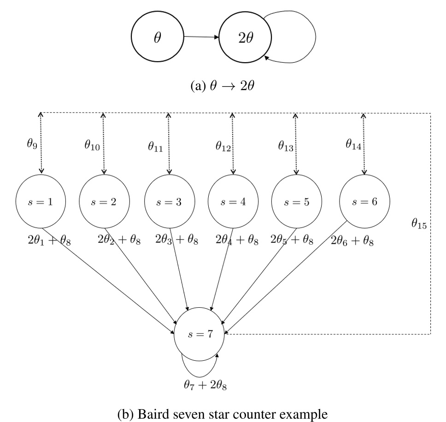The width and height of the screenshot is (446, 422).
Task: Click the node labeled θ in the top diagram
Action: (x=157, y=38)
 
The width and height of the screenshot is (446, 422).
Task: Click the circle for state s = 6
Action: (x=364, y=203)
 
